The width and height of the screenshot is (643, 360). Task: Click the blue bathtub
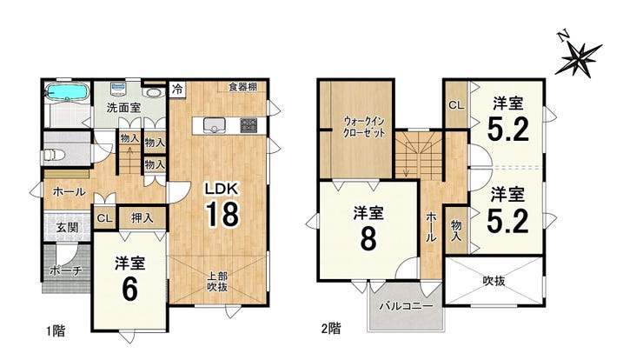pos(66,92)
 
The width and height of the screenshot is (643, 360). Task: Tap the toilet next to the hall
pos(53,155)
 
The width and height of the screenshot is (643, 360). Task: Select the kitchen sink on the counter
pos(214,125)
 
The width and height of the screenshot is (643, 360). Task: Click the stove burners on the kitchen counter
pos(249,125)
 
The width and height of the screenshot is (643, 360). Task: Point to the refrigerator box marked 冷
pos(177,89)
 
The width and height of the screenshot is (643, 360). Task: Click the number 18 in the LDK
pos(222,214)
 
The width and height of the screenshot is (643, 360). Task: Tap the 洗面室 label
pos(123,108)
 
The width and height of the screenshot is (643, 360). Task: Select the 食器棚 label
pos(242,87)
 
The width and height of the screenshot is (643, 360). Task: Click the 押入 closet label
pos(142,218)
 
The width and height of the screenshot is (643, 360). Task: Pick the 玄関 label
pos(67,227)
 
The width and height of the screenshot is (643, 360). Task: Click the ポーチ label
pos(66,270)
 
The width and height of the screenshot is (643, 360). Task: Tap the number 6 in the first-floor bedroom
pos(129,290)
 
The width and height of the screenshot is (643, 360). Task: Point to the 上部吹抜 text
pos(217,281)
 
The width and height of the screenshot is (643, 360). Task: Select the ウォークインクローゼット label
pos(364,127)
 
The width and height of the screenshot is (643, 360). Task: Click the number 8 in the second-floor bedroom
pos(368,239)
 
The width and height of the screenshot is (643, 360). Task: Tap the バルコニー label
pos(406,306)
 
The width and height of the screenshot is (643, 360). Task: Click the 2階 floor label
pos(330,329)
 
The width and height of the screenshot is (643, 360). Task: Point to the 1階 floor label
pos(56,330)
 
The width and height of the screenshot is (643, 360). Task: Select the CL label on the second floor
pos(456,105)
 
